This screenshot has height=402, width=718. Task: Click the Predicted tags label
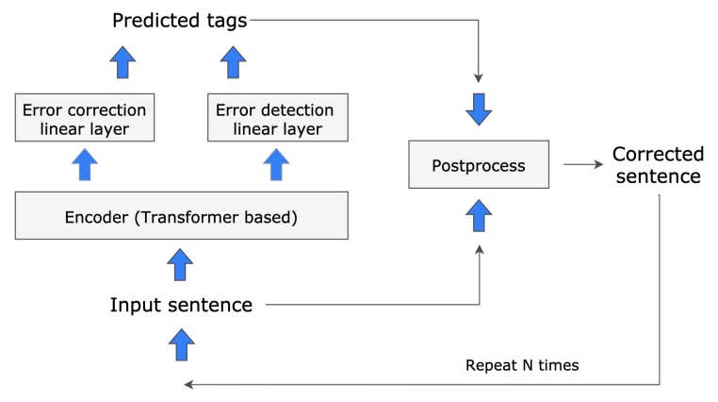(179, 20)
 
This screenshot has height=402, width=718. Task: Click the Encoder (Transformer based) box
(182, 218)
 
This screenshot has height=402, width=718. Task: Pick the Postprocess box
(478, 165)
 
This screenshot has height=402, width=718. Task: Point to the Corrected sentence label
(658, 165)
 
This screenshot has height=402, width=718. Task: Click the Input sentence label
(181, 305)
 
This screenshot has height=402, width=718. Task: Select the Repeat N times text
(522, 364)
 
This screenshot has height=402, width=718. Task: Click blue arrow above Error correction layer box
(122, 63)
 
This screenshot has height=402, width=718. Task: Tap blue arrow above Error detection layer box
(232, 63)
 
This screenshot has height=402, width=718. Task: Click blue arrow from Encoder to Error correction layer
(85, 166)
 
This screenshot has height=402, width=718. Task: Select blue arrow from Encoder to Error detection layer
(275, 166)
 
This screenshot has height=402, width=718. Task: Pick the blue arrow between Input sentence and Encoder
(180, 265)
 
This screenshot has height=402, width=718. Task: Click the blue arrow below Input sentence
(180, 343)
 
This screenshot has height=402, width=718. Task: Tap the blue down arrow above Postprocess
(479, 109)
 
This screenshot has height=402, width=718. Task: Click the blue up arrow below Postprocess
(479, 218)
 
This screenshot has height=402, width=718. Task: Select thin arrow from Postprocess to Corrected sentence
(581, 165)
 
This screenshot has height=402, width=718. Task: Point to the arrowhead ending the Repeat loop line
(189, 384)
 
